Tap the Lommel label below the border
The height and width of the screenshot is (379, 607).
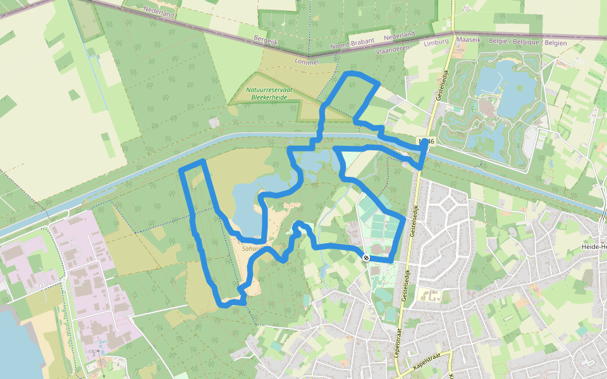click(x=306, y=61)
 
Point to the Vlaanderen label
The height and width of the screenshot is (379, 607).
click(x=393, y=47)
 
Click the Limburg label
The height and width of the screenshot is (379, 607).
click(x=436, y=42)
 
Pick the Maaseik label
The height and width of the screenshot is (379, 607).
click(x=469, y=40)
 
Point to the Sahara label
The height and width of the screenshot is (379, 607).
click(x=252, y=249)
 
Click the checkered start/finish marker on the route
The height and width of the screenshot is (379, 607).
click(x=366, y=257)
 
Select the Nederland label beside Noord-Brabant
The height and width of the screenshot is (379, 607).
click(x=399, y=35)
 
